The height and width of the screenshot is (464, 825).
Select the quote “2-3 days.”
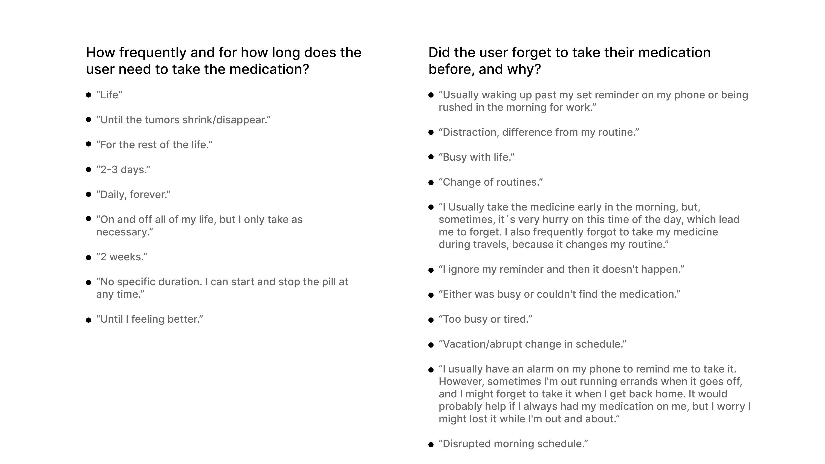123,170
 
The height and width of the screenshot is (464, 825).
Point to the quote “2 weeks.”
122,257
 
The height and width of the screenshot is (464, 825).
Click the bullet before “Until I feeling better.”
89,320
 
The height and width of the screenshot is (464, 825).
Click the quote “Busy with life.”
477,157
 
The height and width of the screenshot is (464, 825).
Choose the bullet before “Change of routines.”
431,183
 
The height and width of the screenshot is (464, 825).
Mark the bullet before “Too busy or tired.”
431,320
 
